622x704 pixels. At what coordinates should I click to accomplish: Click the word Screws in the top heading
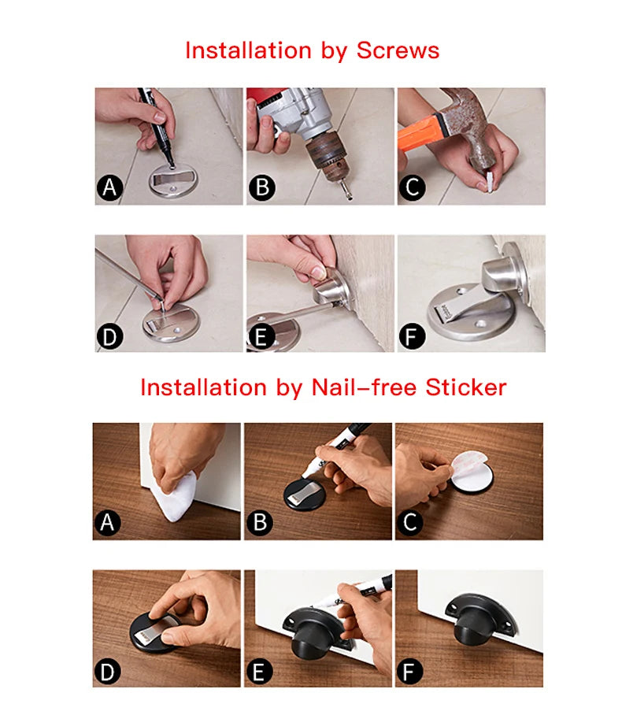coord(398,50)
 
